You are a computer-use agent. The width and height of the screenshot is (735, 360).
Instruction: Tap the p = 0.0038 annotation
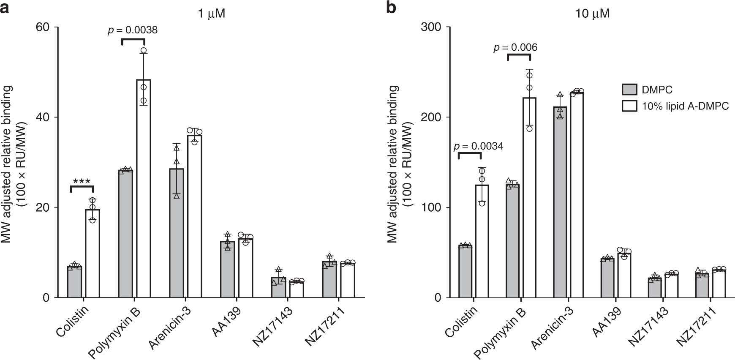[133, 30]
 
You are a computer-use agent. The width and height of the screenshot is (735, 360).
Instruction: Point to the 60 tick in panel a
[42, 27]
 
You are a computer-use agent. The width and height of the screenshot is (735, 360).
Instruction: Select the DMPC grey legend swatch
[629, 90]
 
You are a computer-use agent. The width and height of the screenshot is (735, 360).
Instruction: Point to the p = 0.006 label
[515, 47]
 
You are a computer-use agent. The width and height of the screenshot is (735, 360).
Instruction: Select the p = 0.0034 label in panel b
[478, 147]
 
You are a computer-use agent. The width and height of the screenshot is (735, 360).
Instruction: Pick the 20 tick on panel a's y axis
[42, 207]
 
